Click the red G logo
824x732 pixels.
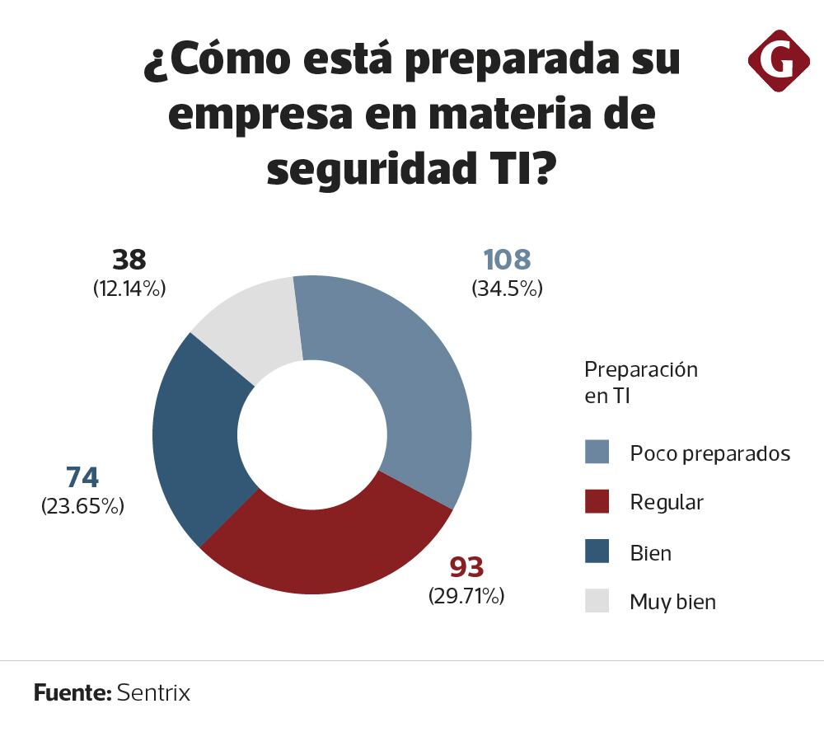pos(779,61)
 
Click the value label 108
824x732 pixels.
pos(507,260)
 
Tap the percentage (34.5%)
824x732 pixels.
pos(507,289)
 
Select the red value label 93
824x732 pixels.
pos(466,567)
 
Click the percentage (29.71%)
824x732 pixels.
pos(466,596)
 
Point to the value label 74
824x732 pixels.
pos(82,477)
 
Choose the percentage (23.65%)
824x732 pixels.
pos(82,506)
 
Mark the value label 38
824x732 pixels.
pos(129,260)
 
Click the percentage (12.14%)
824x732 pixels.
pos(129,289)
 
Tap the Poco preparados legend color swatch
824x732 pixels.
pos(597,453)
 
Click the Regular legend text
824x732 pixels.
pos(667,502)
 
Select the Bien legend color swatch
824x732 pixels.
pos(597,551)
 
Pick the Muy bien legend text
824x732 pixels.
pos(672,602)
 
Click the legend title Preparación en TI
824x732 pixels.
pos(640,382)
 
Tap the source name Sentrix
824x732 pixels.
pos(153,692)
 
